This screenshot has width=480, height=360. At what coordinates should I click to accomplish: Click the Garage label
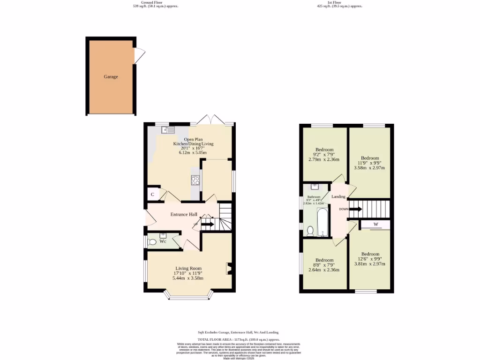(x=111, y=76)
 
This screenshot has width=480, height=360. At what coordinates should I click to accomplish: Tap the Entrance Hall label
(x=184, y=215)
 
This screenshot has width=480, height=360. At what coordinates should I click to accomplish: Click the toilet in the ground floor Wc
(x=152, y=242)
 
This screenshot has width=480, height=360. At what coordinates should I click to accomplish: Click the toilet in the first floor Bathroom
(x=310, y=230)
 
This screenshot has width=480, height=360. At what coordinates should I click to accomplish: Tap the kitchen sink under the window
(x=168, y=129)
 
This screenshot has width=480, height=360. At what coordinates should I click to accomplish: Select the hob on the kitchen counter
(x=195, y=180)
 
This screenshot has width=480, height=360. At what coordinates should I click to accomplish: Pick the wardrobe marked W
(x=375, y=225)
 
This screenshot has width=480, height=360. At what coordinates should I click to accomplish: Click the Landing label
(x=338, y=197)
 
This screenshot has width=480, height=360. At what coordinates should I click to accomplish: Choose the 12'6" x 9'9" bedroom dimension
(x=370, y=259)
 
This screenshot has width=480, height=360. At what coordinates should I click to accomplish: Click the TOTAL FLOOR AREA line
(x=239, y=339)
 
